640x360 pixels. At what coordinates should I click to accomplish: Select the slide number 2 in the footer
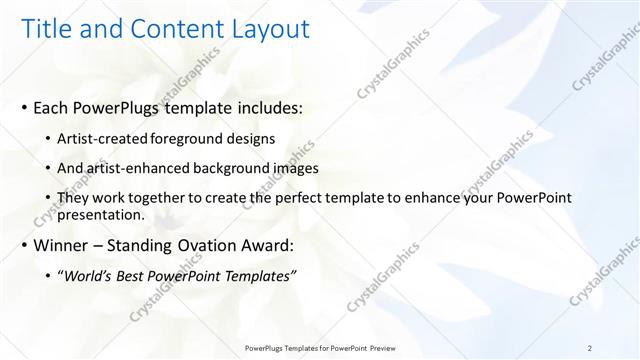(x=590, y=347)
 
